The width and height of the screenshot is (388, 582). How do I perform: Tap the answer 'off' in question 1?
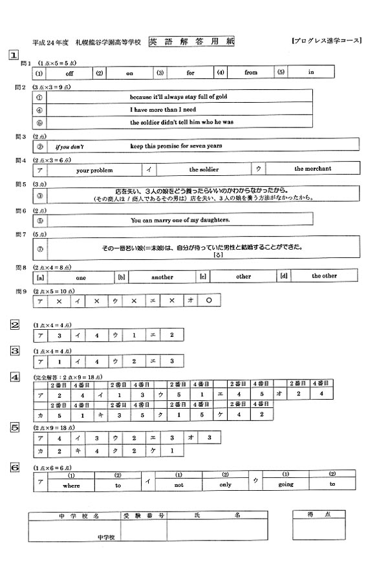click(70, 73)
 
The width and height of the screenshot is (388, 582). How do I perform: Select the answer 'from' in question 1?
click(251, 72)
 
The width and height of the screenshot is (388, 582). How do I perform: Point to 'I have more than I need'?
click(163, 109)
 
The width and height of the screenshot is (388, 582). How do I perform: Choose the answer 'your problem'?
click(94, 170)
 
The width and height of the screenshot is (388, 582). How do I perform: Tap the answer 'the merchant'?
click(313, 169)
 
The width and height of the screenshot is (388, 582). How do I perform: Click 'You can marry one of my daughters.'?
click(180, 220)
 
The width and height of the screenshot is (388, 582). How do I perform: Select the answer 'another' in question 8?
click(162, 277)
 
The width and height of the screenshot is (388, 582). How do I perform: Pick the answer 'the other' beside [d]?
click(325, 276)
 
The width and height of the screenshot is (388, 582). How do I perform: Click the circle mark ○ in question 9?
click(208, 301)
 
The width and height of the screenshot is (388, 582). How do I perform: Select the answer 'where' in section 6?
click(71, 485)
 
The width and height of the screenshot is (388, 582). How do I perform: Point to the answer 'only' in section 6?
click(225, 484)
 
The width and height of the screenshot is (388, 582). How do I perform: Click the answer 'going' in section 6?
click(286, 484)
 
